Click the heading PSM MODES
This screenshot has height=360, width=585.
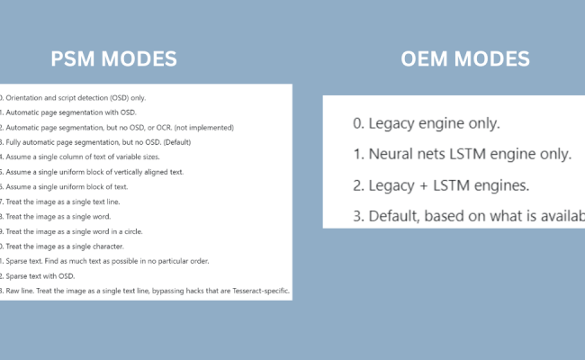click(113, 60)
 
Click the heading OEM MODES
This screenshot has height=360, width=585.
click(464, 60)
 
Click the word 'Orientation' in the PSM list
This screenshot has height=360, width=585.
click(26, 97)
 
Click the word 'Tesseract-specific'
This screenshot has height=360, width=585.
click(257, 292)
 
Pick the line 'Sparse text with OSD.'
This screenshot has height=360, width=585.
click(45, 276)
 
